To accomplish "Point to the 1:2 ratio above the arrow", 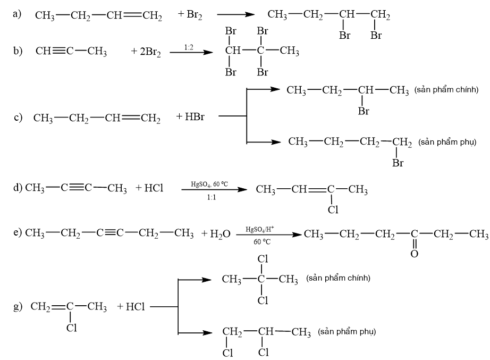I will click(x=189, y=47).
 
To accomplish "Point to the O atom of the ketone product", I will click(x=414, y=254).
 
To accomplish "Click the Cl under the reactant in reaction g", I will click(x=71, y=328).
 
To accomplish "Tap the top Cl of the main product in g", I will click(x=262, y=259).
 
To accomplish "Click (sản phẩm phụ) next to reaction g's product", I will click(x=348, y=332).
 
